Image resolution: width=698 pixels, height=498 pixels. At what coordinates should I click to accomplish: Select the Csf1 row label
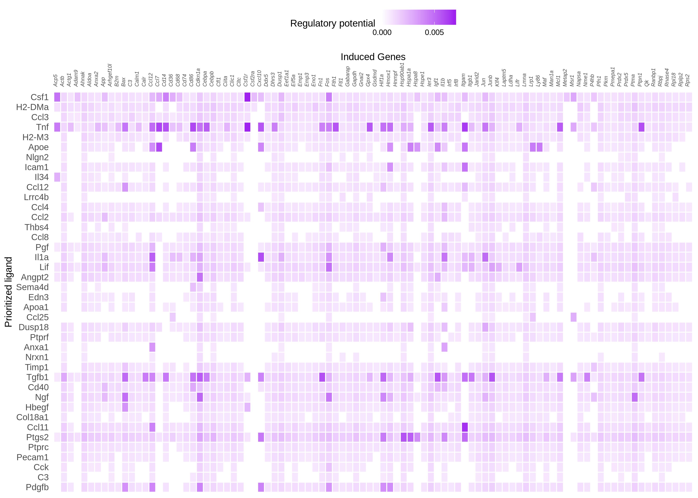coord(40,97)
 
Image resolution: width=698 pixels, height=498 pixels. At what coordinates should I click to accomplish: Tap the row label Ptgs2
coord(37,437)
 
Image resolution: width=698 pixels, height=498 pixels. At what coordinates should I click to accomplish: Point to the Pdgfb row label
coord(37,487)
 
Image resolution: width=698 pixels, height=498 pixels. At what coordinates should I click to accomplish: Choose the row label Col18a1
coord(33,417)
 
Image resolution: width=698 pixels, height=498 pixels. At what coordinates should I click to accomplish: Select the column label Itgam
coord(464,80)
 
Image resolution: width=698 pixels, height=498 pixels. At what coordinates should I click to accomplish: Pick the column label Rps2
coord(688,80)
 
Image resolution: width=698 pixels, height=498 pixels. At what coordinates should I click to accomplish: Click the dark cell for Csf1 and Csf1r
coord(247,97)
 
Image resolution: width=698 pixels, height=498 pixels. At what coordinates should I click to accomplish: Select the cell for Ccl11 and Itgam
coord(465,427)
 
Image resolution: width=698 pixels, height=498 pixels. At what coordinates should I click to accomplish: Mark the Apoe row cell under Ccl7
coord(159,147)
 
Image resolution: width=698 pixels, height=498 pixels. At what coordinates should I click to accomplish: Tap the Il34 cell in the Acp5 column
coord(57,177)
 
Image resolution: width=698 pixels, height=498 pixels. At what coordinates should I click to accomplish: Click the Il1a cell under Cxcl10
coord(261,257)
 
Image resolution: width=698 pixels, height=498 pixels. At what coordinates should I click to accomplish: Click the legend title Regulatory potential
coord(332,24)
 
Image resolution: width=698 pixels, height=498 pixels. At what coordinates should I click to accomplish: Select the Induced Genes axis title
coord(373,57)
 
